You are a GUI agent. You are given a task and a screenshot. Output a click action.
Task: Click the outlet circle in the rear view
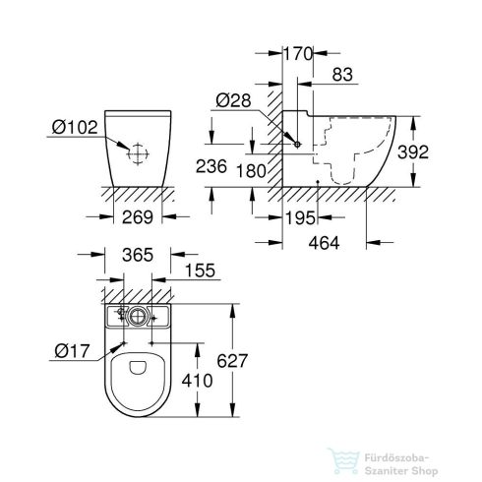140,153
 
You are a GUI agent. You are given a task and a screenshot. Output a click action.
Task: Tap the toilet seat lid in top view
138,379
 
